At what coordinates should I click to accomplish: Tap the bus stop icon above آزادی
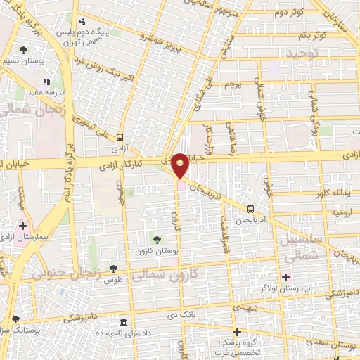point(121,138)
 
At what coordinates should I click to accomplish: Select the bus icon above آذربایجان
point(251,208)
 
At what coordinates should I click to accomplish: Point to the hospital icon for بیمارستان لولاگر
point(285,276)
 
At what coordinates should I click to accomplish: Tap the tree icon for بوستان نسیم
point(24,49)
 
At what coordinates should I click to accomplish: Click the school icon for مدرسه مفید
point(46,82)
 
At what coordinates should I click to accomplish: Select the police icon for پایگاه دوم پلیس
point(83,21)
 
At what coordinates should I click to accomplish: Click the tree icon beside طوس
point(113,268)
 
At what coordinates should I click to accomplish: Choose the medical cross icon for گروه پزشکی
point(237,332)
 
